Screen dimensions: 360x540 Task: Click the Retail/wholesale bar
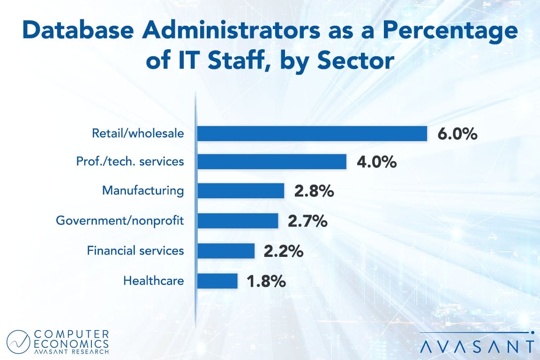(x=312, y=134)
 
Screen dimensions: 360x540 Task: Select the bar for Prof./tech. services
(x=271, y=162)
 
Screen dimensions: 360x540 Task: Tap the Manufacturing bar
(x=240, y=191)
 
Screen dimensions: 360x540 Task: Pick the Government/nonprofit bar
(x=237, y=221)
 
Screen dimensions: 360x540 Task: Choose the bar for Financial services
(x=225, y=251)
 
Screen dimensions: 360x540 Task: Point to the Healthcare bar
(x=217, y=281)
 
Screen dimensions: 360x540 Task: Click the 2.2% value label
(x=283, y=251)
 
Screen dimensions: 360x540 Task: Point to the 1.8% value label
(x=266, y=281)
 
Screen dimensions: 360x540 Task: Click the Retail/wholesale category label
(x=138, y=134)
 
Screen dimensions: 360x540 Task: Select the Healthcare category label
(x=153, y=281)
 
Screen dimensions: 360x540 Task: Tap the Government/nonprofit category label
(x=120, y=221)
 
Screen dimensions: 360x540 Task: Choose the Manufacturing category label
(x=143, y=191)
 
